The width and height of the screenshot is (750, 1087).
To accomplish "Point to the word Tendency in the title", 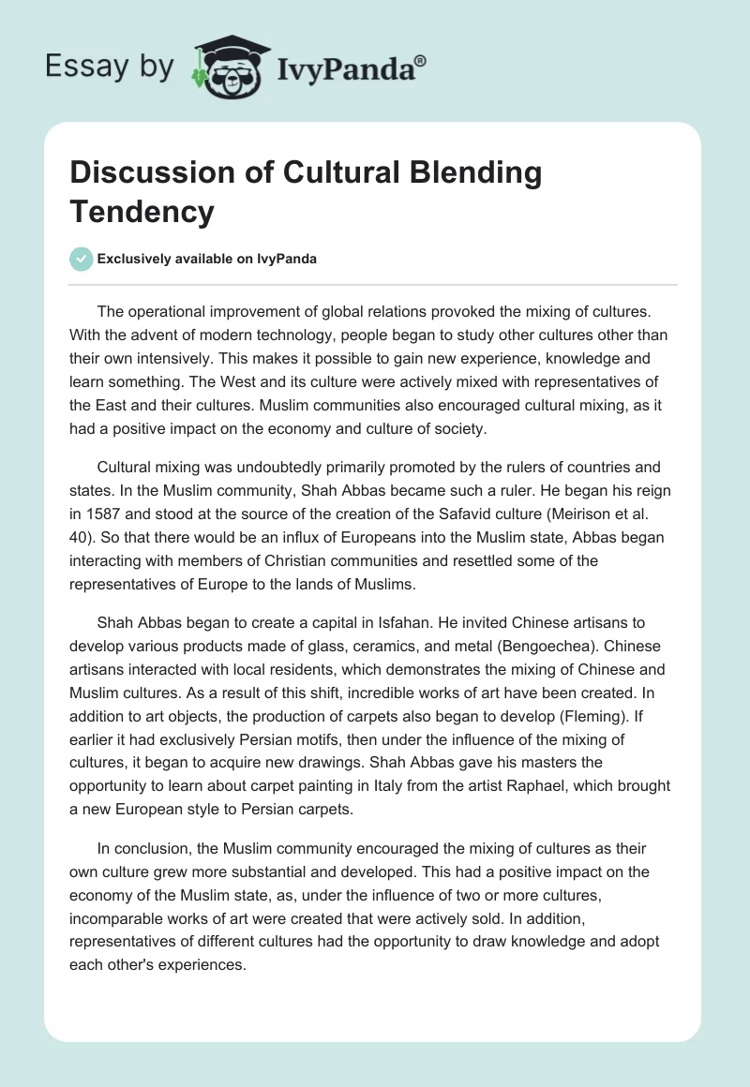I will click(142, 211).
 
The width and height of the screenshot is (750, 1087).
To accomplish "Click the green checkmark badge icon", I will click(82, 259).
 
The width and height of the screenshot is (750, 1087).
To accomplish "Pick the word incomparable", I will click(116, 916).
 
